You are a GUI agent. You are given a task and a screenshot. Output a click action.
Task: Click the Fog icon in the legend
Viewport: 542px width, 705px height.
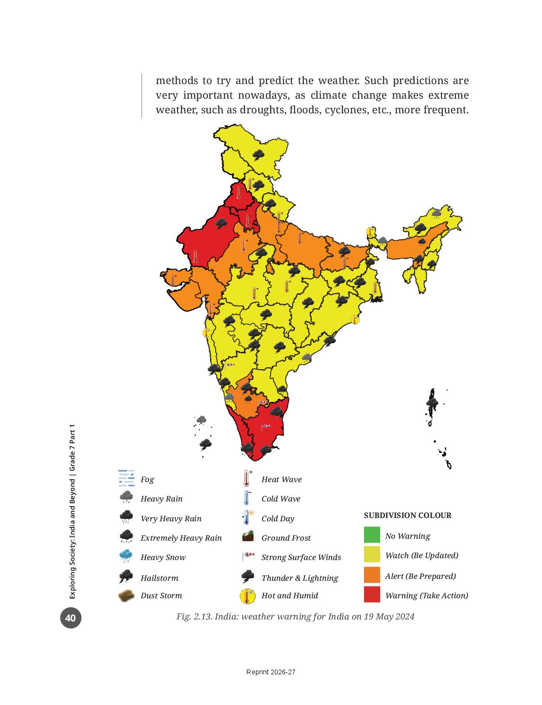point(126,478)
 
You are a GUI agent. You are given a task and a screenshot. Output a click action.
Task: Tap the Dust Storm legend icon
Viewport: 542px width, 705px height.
point(126,595)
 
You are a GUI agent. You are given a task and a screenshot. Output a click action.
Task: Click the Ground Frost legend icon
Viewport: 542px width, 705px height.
point(247,536)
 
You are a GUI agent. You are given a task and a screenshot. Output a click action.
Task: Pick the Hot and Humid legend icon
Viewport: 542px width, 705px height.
point(247,595)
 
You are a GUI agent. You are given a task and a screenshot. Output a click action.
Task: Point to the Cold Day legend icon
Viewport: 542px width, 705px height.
point(248,517)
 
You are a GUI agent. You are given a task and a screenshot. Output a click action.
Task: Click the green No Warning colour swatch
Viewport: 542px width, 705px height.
point(372,535)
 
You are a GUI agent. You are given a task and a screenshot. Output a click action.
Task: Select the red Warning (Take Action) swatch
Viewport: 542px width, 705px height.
point(372,595)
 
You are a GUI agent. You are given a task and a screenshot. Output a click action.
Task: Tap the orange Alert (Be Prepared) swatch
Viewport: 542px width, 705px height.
point(372,575)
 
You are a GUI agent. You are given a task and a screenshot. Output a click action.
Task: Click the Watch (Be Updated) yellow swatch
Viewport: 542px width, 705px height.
point(372,554)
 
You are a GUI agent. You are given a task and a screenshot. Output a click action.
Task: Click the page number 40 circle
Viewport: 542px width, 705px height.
point(71,618)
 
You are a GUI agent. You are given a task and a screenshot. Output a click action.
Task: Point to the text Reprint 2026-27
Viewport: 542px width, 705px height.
point(271,672)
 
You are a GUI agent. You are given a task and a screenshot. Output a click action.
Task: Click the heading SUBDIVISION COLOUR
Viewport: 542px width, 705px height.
point(407,515)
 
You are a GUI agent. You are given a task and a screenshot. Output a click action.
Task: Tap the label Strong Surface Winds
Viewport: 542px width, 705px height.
point(301,557)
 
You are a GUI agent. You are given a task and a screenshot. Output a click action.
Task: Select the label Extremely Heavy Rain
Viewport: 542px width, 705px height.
point(181,537)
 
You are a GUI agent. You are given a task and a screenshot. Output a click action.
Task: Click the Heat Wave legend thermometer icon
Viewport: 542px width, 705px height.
point(247,478)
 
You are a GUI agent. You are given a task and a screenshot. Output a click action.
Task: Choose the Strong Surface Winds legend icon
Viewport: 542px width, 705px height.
point(248,556)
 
